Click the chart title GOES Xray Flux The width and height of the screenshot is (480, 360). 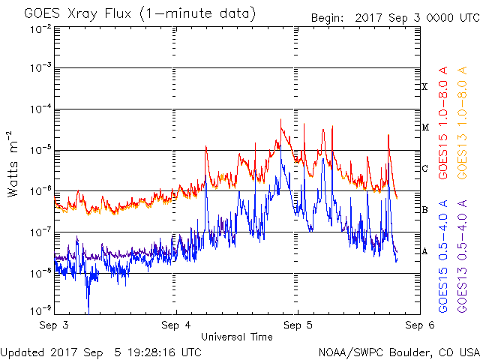pyautogui.click(x=78, y=14)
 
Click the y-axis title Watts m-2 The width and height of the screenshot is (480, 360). pyautogui.click(x=13, y=164)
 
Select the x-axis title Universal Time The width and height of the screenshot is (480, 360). pyautogui.click(x=237, y=337)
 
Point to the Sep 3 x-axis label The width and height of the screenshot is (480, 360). pyautogui.click(x=54, y=325)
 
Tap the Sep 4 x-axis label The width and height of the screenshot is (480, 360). pyautogui.click(x=176, y=325)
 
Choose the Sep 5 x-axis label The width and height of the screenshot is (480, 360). pyautogui.click(x=298, y=325)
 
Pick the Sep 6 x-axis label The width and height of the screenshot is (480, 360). pyautogui.click(x=420, y=325)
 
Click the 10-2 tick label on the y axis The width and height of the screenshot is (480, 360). pyautogui.click(x=41, y=30)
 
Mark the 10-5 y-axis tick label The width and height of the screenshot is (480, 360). pyautogui.click(x=41, y=150)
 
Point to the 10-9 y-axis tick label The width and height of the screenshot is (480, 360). pyautogui.click(x=41, y=310)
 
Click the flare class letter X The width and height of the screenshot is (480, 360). pyautogui.click(x=424, y=87)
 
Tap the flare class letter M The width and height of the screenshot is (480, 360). pyautogui.click(x=425, y=127)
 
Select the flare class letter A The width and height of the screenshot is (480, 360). pyautogui.click(x=424, y=251)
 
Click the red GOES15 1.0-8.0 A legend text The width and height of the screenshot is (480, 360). pyautogui.click(x=443, y=122)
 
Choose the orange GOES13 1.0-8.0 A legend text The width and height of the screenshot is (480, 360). pyautogui.click(x=462, y=122)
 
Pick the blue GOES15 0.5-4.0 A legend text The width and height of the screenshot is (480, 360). pyautogui.click(x=443, y=256)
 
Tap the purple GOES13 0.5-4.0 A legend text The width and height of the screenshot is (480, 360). pyautogui.click(x=462, y=256)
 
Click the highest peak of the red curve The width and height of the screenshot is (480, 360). pyautogui.click(x=280, y=119)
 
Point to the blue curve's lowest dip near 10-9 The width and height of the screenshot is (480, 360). pyautogui.click(x=88, y=313)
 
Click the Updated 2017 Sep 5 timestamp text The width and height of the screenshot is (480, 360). pyautogui.click(x=100, y=352)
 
